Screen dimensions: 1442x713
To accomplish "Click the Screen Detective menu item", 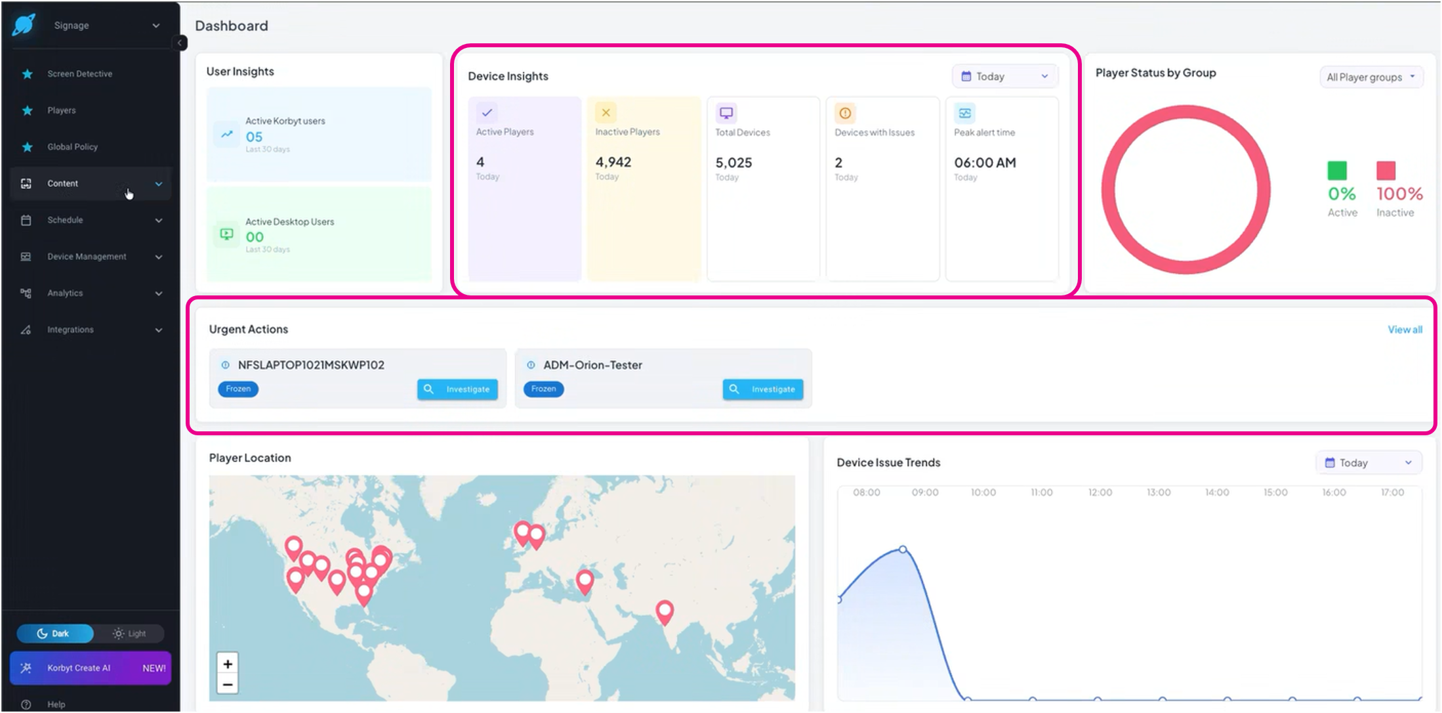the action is [79, 74].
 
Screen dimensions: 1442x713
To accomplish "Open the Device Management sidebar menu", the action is [87, 257].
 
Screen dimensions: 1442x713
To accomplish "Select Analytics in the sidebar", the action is [65, 293].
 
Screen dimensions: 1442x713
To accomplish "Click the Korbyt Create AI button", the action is [91, 668].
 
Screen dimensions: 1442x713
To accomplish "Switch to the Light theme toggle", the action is [129, 634].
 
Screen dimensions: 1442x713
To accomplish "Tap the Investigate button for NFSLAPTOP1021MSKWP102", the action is [457, 389].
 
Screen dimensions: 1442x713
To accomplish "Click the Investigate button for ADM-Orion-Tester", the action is [763, 389].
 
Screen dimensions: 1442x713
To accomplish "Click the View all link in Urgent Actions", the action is [1405, 330].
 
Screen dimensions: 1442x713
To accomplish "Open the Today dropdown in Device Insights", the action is [1004, 77].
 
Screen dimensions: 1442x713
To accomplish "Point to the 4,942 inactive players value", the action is [613, 162].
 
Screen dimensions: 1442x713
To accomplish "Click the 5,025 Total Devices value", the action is [733, 163].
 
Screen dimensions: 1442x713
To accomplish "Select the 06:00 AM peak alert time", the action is [985, 163].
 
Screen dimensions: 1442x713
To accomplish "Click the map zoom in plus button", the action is [228, 664].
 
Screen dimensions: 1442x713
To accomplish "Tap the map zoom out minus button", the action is [228, 685].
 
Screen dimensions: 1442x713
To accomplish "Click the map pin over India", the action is [665, 612].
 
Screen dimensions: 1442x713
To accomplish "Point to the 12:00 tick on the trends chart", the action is [1100, 492].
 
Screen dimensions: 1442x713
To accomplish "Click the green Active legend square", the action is [1337, 171].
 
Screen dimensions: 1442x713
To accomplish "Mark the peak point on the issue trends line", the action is [903, 550].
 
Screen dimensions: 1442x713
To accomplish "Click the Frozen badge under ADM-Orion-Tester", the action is [543, 389].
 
